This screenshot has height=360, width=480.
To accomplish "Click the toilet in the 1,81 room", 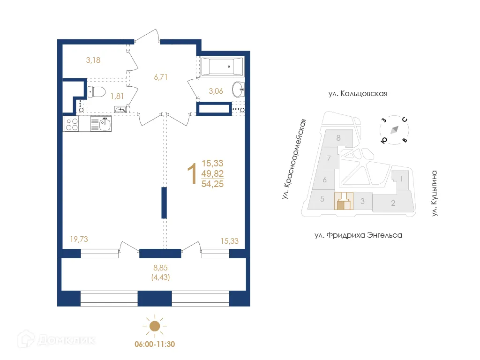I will point(97,91).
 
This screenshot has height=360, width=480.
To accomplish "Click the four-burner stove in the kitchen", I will point(71,124).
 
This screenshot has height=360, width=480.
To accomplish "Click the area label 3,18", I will point(93,60).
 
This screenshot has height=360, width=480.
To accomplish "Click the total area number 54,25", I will point(212,184).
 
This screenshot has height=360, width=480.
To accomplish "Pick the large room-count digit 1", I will point(191,174).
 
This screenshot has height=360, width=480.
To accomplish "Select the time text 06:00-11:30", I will point(155,344).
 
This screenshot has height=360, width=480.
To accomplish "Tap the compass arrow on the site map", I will point(395,129).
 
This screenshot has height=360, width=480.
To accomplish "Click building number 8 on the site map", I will point(338,138).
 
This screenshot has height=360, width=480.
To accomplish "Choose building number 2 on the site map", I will point(393,203).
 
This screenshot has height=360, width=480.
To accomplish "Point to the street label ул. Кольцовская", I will point(358,94).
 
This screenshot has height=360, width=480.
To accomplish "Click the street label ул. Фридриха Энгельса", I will point(358,235).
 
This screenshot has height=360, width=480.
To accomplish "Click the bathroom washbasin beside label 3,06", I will point(239,88).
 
